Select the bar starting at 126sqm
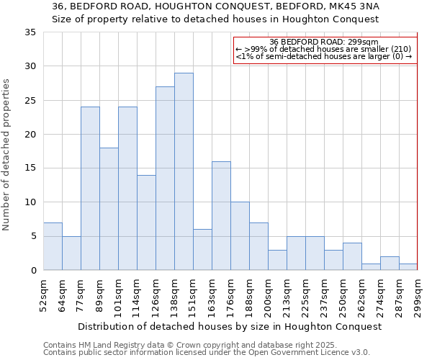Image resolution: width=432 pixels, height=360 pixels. pos(165,179)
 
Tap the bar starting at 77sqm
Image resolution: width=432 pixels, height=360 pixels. pos(90,189)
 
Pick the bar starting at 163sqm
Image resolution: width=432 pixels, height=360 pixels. pos(221,216)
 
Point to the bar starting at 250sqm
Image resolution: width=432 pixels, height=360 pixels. pos(352,256)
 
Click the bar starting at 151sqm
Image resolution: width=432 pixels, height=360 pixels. pos(202,250)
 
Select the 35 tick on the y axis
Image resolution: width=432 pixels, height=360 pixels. pos(30,32)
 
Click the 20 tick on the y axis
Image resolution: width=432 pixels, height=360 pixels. pos(30,135)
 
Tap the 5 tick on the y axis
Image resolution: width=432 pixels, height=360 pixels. pos(33,236)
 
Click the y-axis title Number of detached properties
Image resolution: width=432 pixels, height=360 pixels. pos(7,155)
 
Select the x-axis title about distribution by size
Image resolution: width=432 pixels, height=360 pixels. pos(229,326)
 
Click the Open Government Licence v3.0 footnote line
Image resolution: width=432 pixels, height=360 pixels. pos(207,352)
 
